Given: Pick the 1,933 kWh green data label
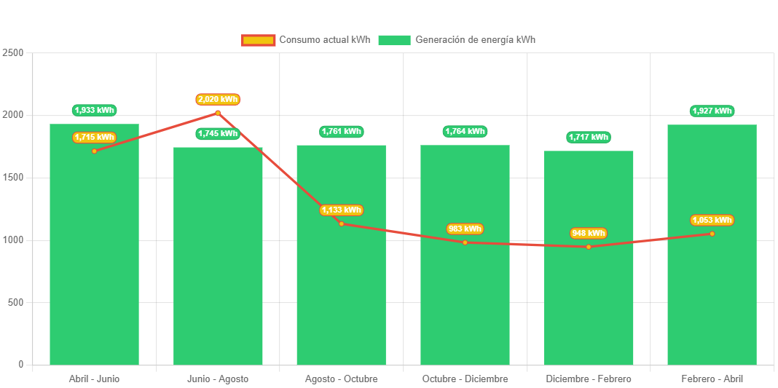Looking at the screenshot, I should click(x=95, y=110).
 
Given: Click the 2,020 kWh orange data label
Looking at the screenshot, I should click(x=218, y=99).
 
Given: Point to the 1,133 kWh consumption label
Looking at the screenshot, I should click(x=341, y=210).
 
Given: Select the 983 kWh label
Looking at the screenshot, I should click(x=465, y=229).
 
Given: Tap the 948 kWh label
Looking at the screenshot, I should click(x=589, y=234).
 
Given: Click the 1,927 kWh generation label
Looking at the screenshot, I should click(x=712, y=111).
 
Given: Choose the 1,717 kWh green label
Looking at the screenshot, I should click(x=589, y=137).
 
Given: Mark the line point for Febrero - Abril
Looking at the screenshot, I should click(x=712, y=234).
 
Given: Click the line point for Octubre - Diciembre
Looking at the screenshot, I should click(x=465, y=242).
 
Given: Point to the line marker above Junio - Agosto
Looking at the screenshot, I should click(x=218, y=113).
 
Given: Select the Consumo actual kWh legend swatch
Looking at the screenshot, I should click(x=258, y=40).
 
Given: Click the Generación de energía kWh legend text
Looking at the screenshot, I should click(x=475, y=40).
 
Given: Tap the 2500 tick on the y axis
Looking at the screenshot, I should click(x=13, y=53).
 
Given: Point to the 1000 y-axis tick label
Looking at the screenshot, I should click(x=13, y=240).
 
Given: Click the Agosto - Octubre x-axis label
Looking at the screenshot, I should click(x=341, y=379).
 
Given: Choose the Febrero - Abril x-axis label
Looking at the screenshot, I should click(x=712, y=379).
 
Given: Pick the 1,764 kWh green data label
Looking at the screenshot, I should click(x=465, y=131).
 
